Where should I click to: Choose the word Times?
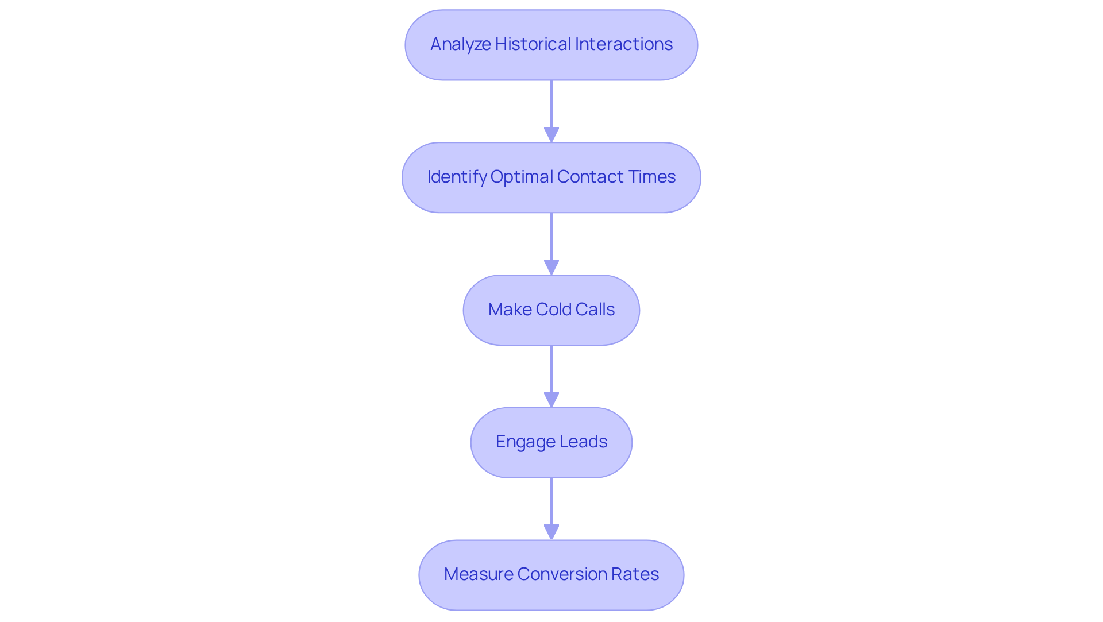[x=652, y=177]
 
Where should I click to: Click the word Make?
[x=510, y=310]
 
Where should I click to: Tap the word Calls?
[x=595, y=310]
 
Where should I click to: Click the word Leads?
[x=584, y=442]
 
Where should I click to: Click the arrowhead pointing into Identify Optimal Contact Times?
[x=551, y=135]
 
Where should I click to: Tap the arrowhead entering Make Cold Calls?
[x=551, y=268]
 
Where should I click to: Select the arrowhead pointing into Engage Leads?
[x=551, y=400]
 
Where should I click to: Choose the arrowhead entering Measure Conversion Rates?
[x=551, y=532]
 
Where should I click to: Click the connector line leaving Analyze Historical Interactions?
[x=551, y=103]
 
